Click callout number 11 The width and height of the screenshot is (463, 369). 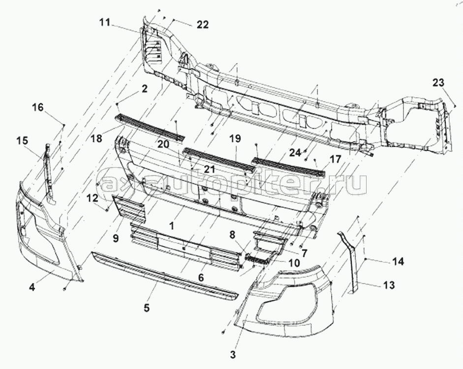(x=104, y=22)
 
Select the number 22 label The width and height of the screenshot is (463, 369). (x=203, y=25)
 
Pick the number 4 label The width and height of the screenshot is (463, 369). (x=32, y=287)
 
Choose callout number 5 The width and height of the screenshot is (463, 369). (x=146, y=308)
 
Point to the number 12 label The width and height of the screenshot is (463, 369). (x=92, y=198)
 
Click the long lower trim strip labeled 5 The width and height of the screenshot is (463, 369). (x=162, y=275)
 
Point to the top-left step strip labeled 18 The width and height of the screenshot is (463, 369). (x=148, y=127)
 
